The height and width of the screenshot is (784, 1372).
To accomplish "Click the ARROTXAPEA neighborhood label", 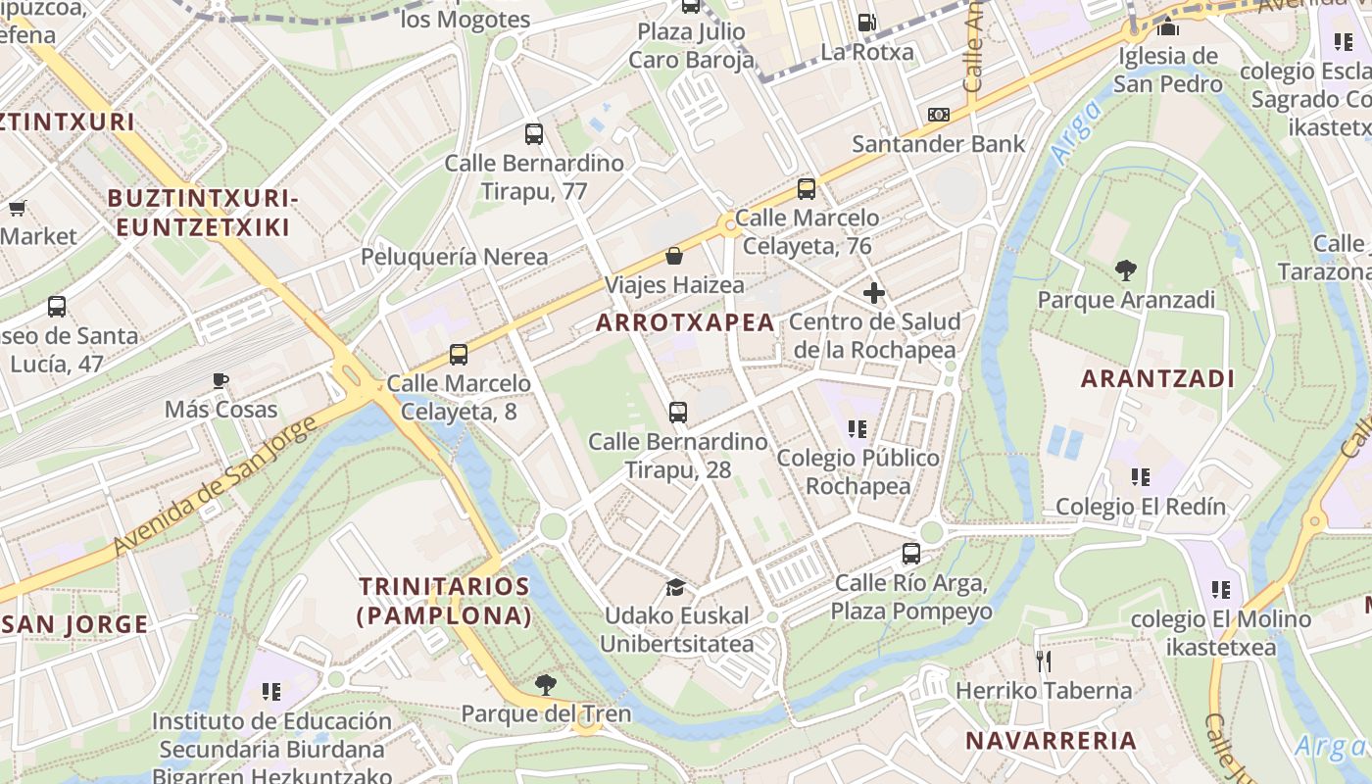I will (x=685, y=322).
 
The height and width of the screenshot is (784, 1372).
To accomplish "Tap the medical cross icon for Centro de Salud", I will (x=873, y=292).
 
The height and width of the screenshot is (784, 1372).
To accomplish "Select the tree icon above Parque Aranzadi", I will (x=1125, y=269).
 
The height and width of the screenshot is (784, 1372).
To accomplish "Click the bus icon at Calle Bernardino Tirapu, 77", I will (x=534, y=134).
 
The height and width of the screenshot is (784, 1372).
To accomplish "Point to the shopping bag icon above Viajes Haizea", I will (x=674, y=256).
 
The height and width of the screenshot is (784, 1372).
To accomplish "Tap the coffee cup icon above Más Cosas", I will (x=220, y=380).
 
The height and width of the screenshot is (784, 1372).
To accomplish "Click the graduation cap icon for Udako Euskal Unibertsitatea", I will (x=675, y=587).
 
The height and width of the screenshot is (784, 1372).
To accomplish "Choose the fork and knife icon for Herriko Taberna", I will (x=1044, y=661).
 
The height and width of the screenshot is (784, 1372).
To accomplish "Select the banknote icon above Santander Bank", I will (x=939, y=115).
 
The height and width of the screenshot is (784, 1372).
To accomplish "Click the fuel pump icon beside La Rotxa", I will (x=866, y=22).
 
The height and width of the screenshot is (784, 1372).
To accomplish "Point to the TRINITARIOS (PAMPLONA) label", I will (x=445, y=601).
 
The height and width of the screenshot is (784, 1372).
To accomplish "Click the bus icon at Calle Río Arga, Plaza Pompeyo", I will (x=911, y=554).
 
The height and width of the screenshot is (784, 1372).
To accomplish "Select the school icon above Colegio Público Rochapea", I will (x=857, y=429).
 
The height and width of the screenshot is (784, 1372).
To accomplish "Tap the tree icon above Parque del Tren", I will (x=546, y=684).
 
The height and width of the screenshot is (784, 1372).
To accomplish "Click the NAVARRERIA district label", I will (x=1051, y=740).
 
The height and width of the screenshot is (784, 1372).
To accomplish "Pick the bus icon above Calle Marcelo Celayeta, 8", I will (x=459, y=355).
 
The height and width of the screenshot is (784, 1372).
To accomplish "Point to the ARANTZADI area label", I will (x=1156, y=378).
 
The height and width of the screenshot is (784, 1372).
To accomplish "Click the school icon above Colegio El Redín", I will (x=1140, y=477).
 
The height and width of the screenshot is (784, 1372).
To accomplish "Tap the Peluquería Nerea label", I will (x=455, y=257).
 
